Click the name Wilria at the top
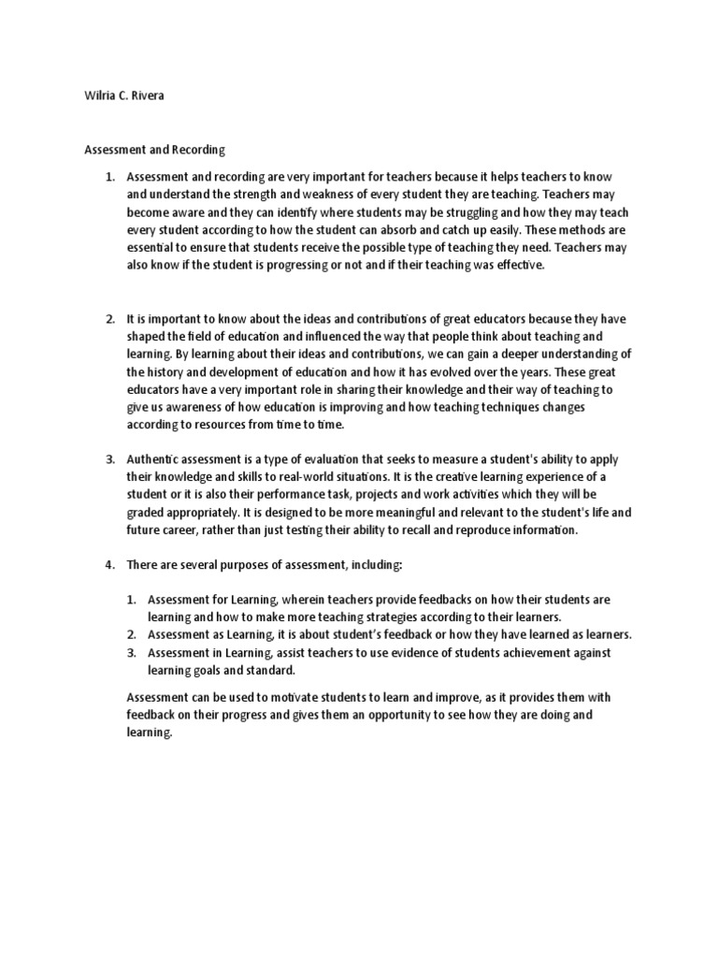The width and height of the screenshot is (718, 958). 100,94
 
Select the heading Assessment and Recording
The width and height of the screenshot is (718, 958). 155,149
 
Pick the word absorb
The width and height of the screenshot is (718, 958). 455,229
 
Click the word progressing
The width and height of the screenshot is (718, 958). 326,266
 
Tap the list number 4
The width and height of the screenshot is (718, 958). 108,565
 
